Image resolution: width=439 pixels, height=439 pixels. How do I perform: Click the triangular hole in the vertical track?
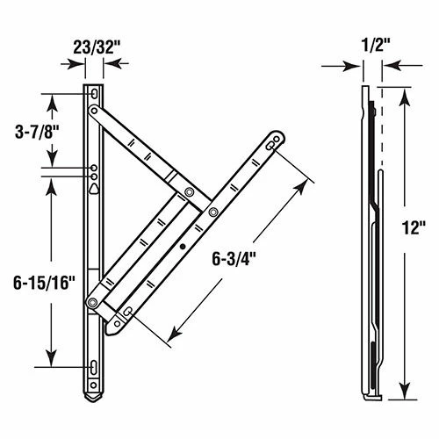point(94,186)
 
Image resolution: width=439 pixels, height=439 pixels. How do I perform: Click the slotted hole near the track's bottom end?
point(94,367)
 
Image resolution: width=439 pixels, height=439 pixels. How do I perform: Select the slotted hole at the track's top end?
point(94,91)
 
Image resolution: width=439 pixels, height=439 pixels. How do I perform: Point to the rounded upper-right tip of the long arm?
point(277,139)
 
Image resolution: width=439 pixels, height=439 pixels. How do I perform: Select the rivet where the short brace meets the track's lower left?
point(92,302)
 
